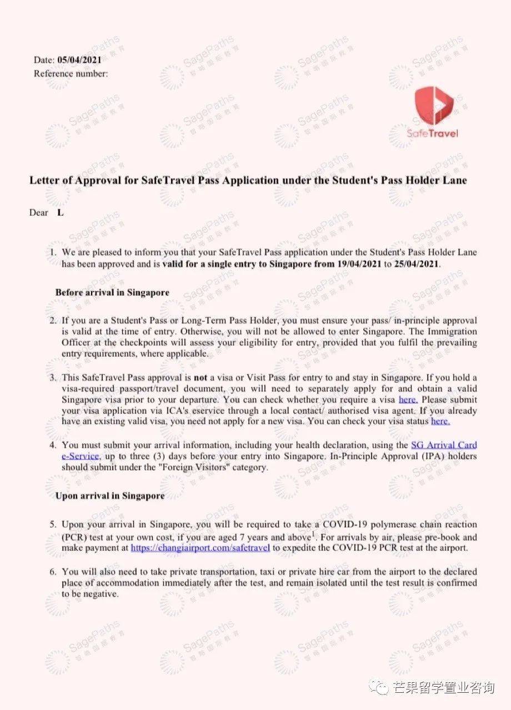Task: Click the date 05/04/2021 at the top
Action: pyautogui.click(x=79, y=60)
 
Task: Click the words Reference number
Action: pyautogui.click(x=71, y=73)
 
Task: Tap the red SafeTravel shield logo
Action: pyautogui.click(x=434, y=106)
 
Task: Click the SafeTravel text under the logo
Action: pyautogui.click(x=433, y=134)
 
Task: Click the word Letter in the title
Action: pyautogui.click(x=43, y=180)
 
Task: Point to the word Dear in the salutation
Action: pyautogui.click(x=39, y=212)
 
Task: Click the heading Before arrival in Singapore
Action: pyautogui.click(x=112, y=292)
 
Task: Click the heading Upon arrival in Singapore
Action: pyautogui.click(x=110, y=496)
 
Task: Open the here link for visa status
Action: pyautogui.click(x=440, y=421)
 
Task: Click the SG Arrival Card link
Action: pyautogui.click(x=443, y=445)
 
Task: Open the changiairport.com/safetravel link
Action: pyautogui.click(x=200, y=548)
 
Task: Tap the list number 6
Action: pyautogui.click(x=53, y=572)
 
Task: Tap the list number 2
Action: pyautogui.click(x=53, y=321)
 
